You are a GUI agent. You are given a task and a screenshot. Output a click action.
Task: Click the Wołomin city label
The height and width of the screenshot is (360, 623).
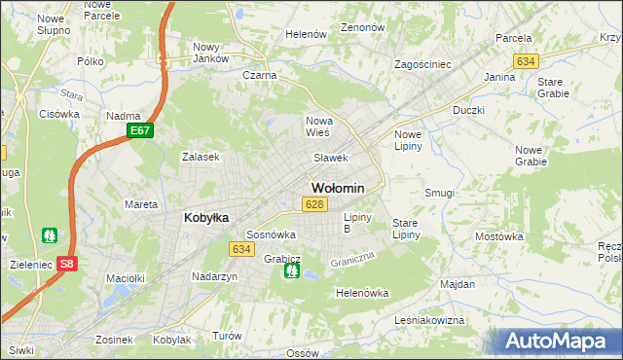338,188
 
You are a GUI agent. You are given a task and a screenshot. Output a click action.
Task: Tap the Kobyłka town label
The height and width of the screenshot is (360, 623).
206,218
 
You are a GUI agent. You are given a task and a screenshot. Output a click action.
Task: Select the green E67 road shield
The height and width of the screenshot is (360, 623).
140,130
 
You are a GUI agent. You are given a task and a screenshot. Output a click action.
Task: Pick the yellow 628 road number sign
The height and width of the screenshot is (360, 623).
313,204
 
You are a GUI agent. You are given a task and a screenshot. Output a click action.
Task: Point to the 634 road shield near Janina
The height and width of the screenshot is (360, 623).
527,61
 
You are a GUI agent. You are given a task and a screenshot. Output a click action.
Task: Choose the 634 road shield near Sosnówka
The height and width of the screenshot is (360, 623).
242,249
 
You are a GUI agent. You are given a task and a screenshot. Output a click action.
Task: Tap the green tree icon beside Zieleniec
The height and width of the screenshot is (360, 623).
50,235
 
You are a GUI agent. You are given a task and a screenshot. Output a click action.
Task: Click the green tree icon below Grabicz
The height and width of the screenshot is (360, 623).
291,270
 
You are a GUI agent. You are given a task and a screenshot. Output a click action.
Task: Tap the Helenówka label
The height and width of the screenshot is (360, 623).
362,293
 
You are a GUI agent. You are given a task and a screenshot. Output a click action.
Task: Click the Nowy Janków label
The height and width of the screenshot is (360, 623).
210,53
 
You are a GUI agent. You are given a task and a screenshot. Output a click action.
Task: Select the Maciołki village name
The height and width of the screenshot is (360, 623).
126,278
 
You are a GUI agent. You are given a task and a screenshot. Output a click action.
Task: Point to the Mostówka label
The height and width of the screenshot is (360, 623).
500,236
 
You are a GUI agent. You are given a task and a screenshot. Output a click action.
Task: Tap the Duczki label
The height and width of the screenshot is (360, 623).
468,111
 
